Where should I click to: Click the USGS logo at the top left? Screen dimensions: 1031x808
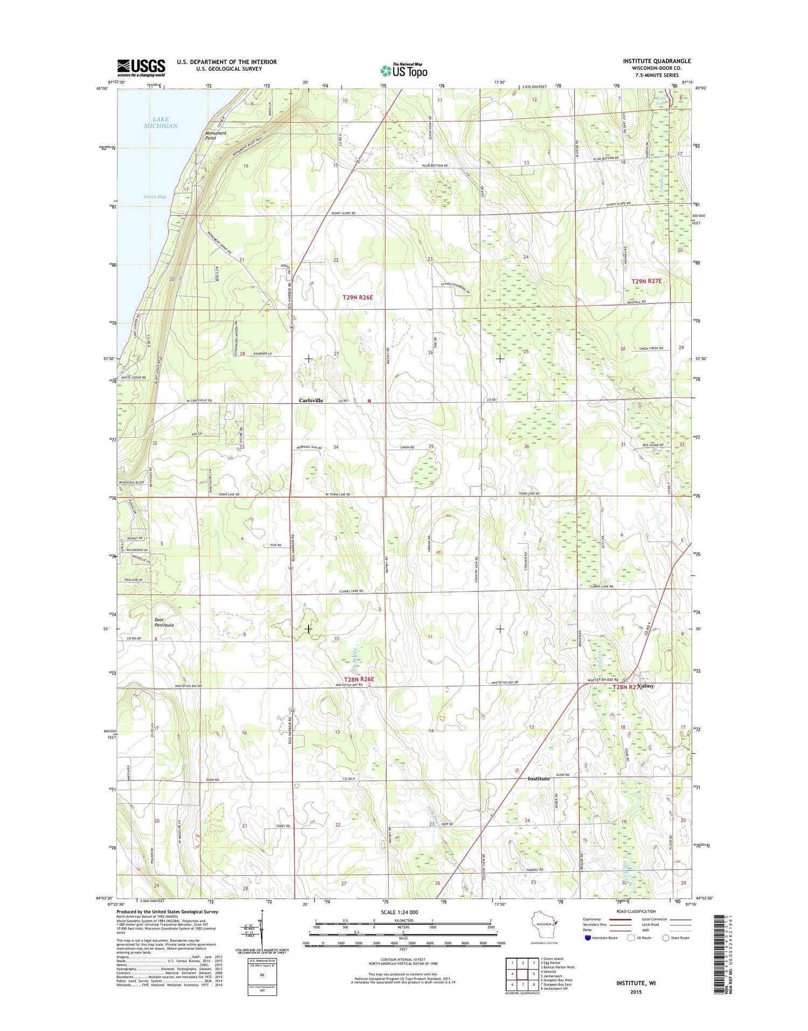141,68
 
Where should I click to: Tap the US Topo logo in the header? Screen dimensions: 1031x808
404,70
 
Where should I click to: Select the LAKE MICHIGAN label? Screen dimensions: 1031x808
161,122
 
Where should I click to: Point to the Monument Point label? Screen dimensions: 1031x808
215,135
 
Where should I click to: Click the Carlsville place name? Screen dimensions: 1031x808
311,401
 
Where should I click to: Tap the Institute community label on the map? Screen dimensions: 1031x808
539,779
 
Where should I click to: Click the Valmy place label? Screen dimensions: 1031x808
646,686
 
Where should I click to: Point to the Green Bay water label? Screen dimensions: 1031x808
155,197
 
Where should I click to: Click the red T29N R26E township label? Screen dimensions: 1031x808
358,297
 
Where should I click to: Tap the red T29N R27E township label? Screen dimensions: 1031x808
646,281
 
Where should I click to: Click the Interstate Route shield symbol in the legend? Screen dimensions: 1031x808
588,938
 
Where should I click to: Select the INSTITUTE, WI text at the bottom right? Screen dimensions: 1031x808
636,983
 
